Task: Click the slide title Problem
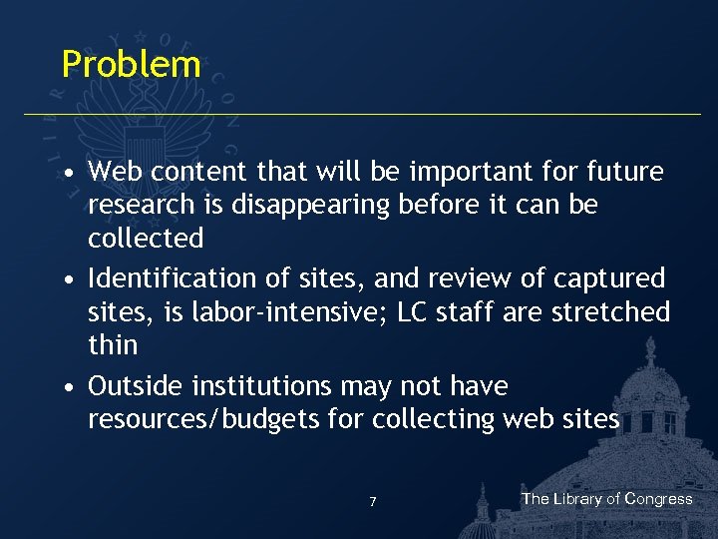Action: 131,64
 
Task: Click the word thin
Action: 112,345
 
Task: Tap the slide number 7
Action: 373,502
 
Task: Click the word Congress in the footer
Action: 659,499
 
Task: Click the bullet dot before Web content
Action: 66,173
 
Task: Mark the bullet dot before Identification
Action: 66,279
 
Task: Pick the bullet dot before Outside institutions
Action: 66,387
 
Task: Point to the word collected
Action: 146,239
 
